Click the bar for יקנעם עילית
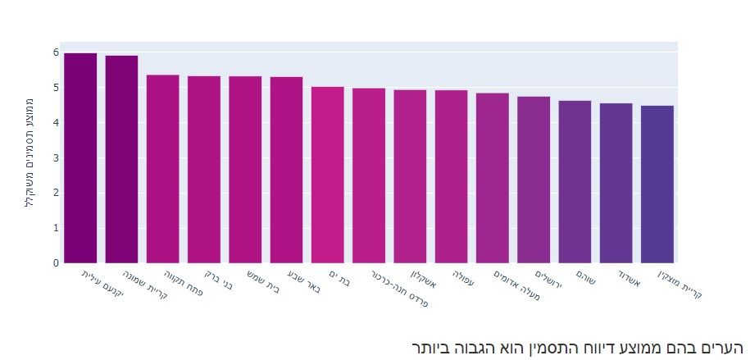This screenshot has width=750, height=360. [80, 158]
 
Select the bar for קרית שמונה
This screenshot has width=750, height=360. [121, 159]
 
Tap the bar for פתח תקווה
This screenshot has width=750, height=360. [162, 169]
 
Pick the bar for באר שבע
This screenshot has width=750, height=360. [286, 170]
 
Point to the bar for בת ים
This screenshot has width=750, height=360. [327, 175]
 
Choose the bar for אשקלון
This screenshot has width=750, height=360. [410, 176]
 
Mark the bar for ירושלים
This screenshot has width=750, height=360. [534, 180]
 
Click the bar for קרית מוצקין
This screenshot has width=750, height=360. [657, 185]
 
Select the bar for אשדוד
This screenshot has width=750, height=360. [616, 183]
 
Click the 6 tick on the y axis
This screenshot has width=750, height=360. [55, 52]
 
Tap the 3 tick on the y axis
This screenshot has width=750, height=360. [55, 158]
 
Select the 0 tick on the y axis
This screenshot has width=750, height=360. [55, 263]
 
